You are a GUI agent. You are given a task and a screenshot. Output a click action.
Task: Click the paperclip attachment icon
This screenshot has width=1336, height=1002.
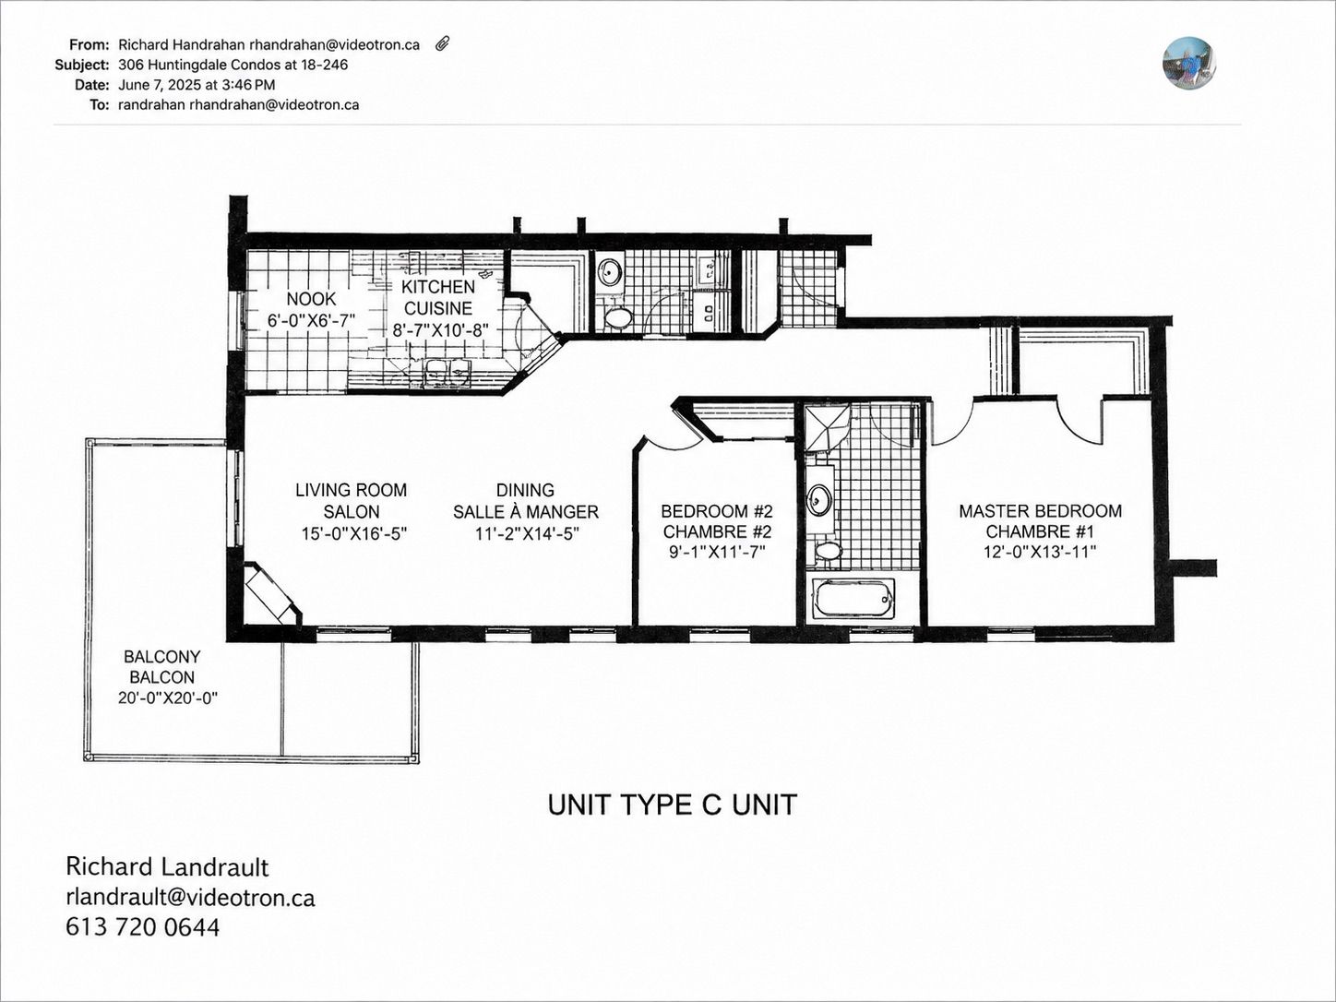point(443,43)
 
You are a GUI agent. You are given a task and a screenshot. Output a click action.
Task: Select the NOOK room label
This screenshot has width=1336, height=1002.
point(311,299)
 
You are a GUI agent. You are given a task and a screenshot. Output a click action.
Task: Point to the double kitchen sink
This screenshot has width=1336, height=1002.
point(447,373)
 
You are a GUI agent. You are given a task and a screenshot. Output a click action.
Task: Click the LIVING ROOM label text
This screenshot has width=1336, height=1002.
point(352,490)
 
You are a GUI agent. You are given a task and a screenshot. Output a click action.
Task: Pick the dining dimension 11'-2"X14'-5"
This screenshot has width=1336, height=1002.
point(527,533)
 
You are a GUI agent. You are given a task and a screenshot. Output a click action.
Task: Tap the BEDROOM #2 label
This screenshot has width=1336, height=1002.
point(717,510)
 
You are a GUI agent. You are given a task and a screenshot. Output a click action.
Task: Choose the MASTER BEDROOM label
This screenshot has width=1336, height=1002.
point(1040,511)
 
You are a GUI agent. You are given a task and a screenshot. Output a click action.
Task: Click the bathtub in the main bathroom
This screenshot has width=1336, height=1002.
point(853,598)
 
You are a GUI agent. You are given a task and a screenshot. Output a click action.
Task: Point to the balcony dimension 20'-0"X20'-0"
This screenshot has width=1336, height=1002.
point(168,698)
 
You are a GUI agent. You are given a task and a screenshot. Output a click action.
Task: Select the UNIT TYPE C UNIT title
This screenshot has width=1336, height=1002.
point(673,805)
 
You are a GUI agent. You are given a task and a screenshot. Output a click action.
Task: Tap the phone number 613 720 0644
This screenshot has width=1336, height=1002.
point(142,927)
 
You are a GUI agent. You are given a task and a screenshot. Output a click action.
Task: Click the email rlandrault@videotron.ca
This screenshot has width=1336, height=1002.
point(190,898)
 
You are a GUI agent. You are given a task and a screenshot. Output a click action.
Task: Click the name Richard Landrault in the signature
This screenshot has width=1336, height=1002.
point(167,867)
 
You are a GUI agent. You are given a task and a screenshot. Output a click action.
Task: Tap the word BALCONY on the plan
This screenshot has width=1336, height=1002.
point(161,656)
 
